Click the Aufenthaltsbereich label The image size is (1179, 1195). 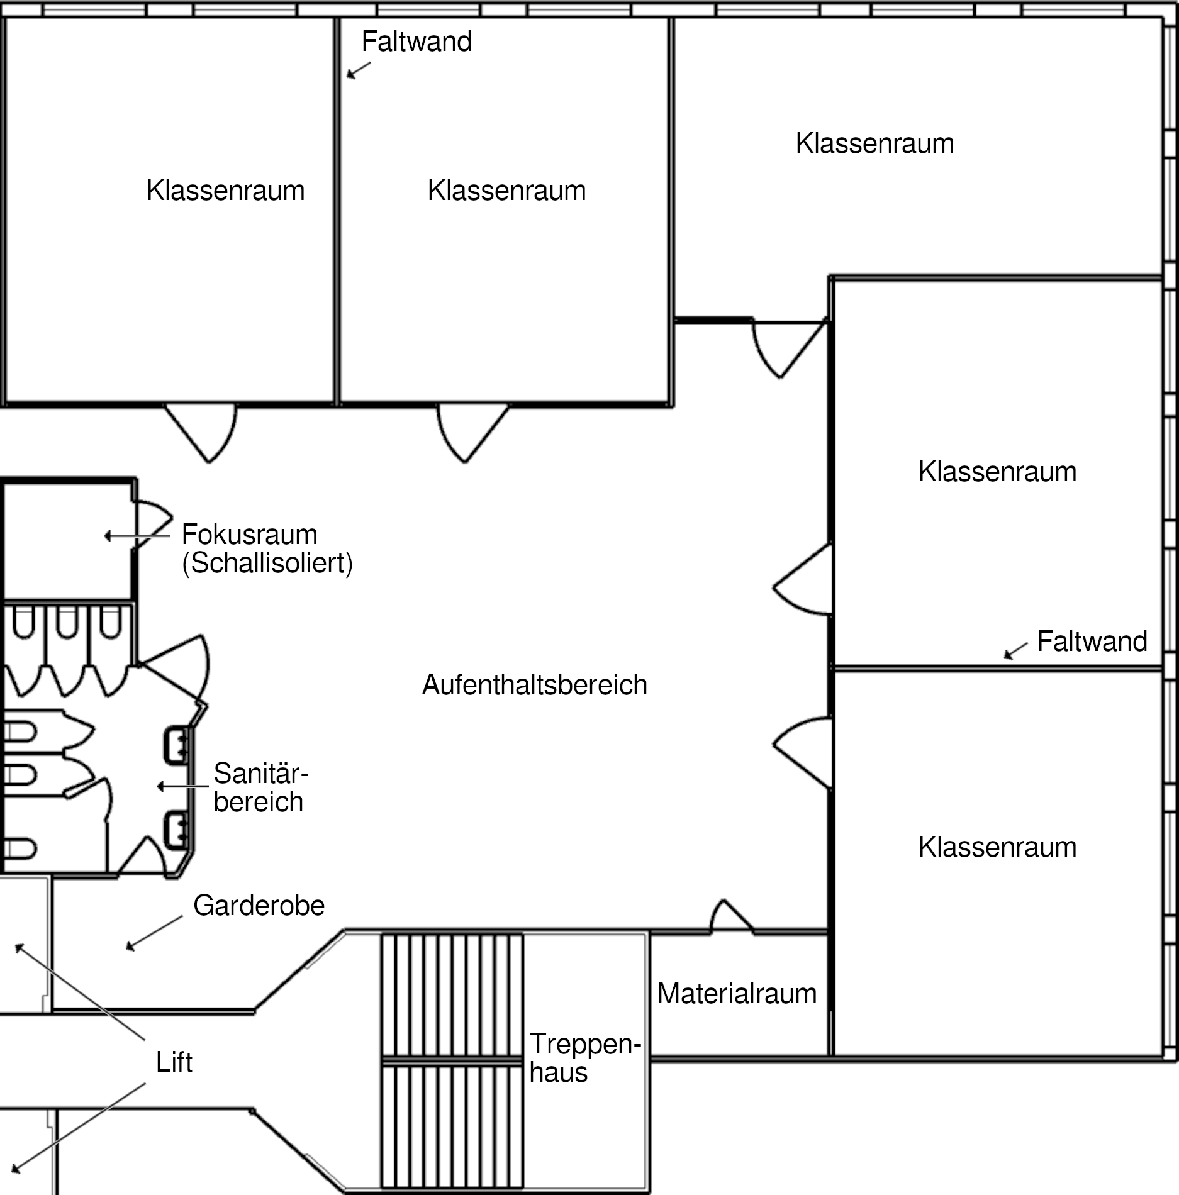pyautogui.click(x=535, y=685)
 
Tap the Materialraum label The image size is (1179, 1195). pyautogui.click(x=737, y=994)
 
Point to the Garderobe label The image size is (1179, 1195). pyautogui.click(x=259, y=906)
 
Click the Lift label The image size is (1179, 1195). pyautogui.click(x=174, y=1062)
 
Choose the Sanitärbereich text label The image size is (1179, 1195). pyautogui.click(x=260, y=787)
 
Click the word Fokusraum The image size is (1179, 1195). pyautogui.click(x=250, y=535)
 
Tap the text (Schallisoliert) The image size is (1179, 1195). pyautogui.click(x=267, y=563)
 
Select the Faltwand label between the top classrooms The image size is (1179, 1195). pyautogui.click(x=416, y=42)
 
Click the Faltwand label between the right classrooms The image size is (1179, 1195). pyautogui.click(x=1092, y=642)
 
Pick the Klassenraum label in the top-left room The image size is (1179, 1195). pyautogui.click(x=225, y=191)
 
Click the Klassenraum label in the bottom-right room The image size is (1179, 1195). pyautogui.click(x=997, y=847)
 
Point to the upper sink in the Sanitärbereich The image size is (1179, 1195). pyautogui.click(x=177, y=745)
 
